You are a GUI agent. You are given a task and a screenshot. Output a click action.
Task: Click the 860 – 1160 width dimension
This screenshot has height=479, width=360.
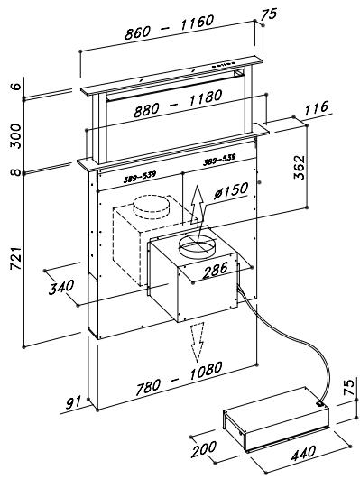[169, 27]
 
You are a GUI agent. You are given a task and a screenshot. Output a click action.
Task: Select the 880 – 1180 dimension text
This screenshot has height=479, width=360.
[178, 104]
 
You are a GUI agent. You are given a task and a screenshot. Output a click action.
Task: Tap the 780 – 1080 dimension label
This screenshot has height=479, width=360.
[179, 379]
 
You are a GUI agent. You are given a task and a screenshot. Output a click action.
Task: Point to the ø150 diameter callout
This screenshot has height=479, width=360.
[231, 190]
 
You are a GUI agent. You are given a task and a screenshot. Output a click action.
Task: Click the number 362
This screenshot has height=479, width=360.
[299, 168]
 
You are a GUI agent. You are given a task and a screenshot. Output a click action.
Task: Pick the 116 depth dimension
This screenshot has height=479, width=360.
[316, 108]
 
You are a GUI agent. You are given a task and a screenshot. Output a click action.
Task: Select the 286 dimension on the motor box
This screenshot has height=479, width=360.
[215, 270]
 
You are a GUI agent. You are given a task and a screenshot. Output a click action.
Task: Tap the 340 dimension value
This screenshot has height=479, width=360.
[61, 287]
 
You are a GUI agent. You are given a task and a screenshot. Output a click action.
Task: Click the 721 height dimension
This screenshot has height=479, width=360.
[16, 258]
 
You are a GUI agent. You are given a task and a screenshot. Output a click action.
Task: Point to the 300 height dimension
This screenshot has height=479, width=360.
[16, 136]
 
